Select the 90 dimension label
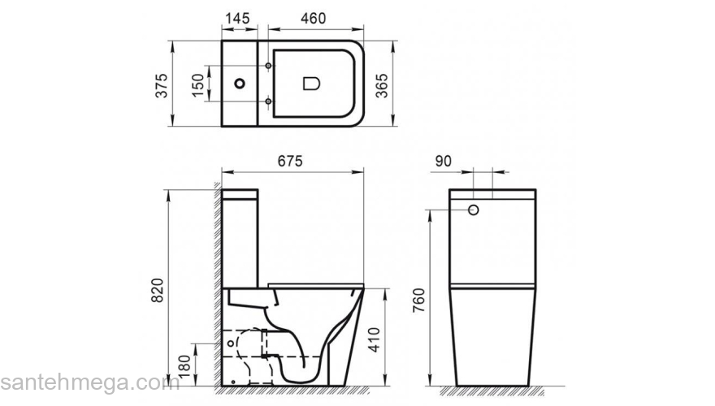(x=442, y=161)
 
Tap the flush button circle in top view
(x=239, y=83)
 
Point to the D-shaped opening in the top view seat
(x=311, y=83)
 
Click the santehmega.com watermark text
(x=89, y=382)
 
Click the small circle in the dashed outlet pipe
(x=234, y=343)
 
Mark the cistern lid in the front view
(x=492, y=196)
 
